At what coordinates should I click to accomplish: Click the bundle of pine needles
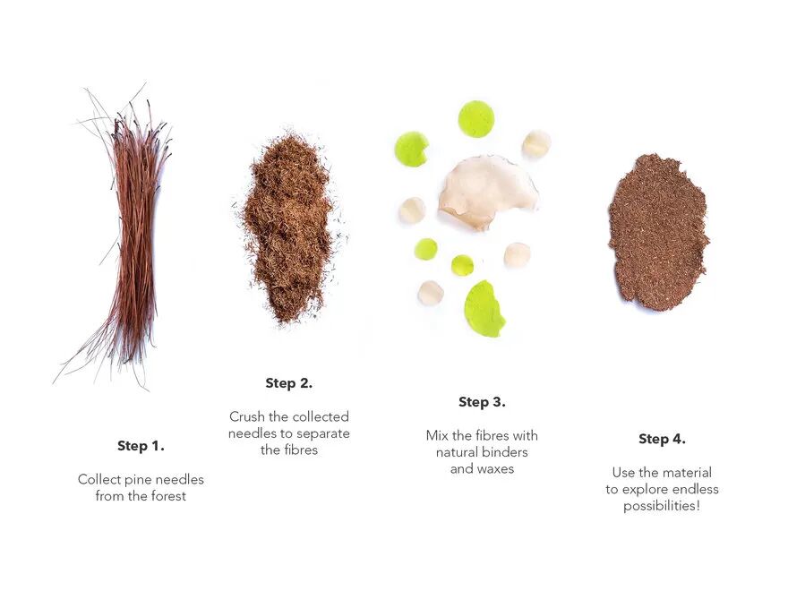click(134, 236)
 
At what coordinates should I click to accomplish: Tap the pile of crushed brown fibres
click(288, 228)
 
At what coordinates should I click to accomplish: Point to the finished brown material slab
click(658, 232)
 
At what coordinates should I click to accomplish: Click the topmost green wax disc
click(475, 118)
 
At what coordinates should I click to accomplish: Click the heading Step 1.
click(141, 446)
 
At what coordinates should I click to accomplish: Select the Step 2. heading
click(289, 383)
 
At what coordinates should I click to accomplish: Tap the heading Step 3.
click(482, 402)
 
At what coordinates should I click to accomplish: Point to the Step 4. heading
click(662, 439)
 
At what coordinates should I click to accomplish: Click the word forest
click(168, 496)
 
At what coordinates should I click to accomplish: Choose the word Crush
click(247, 416)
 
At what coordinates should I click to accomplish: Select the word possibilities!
click(662, 506)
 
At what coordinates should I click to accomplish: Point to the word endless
click(696, 489)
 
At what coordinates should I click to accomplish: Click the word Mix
click(437, 435)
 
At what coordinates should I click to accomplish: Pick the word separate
click(323, 433)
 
